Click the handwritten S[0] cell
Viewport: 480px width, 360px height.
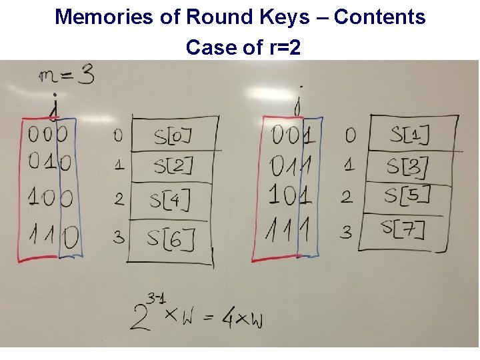173,136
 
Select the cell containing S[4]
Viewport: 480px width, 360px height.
170,199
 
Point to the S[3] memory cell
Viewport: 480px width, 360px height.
407,167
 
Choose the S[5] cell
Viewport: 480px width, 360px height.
407,195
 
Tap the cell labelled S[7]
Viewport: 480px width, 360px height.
403,230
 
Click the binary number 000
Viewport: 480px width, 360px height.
49,135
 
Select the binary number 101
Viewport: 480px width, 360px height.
290,195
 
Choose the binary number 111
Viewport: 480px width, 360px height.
291,231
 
